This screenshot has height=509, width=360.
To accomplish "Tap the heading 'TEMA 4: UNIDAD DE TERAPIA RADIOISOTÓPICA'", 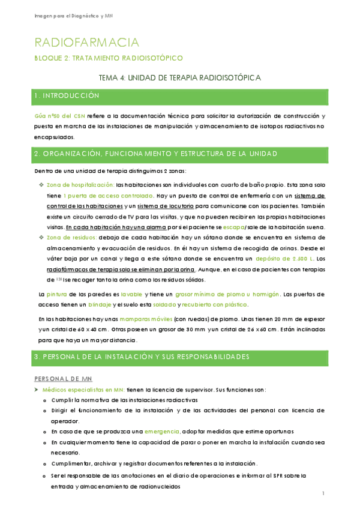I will pos(179,78).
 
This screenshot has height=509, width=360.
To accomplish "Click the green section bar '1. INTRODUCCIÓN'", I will pos(180,96).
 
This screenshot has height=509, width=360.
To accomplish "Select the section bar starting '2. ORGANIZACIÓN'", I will pos(180,154).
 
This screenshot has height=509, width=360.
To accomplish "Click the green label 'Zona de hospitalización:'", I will pos(80,185).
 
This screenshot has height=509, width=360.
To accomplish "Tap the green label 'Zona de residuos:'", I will pos(72,238).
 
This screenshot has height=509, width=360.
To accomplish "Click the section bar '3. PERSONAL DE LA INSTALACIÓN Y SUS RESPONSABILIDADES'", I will pos(180,357).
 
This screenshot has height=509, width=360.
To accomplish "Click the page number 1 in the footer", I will pos(323,493).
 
